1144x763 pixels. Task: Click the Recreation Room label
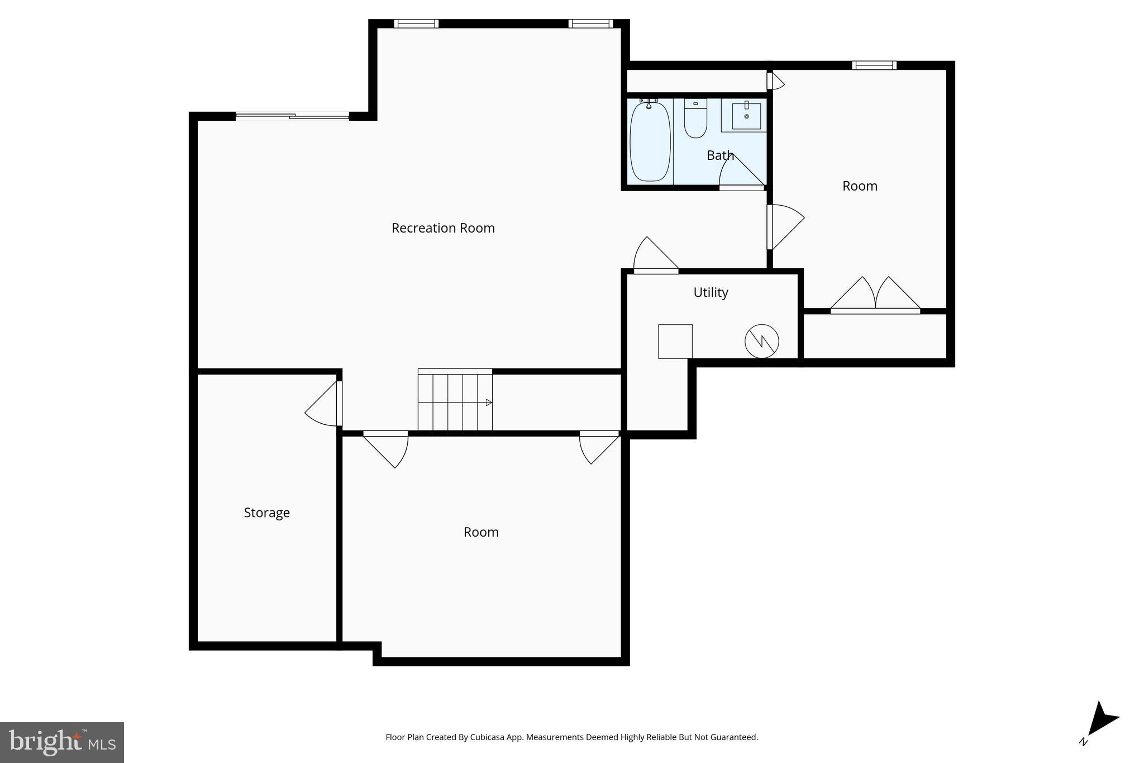pos(443,228)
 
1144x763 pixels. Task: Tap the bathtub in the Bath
pos(650,141)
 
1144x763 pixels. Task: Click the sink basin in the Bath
pos(746,116)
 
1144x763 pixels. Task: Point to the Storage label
pos(266,513)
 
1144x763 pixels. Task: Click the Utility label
pos(711,292)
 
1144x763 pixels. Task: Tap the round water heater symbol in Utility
pos(761,341)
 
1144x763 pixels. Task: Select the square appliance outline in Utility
pos(675,341)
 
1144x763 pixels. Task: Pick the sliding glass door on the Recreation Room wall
pos(292,116)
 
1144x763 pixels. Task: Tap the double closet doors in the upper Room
pos(875,295)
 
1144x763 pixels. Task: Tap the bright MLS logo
pos(61,742)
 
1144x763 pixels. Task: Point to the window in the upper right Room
pos(874,65)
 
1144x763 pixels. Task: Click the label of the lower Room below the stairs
pos(481,532)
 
